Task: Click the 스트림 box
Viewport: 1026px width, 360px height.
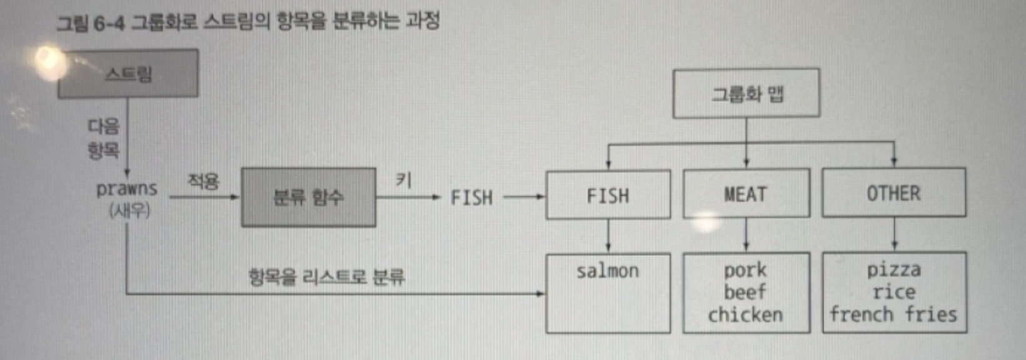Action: (x=128, y=74)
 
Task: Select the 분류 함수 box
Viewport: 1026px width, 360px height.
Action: (x=309, y=197)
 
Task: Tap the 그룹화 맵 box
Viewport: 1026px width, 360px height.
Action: (x=746, y=94)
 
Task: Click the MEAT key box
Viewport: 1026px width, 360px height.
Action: (x=746, y=194)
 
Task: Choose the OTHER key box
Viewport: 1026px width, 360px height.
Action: (x=894, y=193)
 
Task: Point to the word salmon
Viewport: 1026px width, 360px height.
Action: (x=607, y=271)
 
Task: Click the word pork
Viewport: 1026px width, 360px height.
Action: (x=745, y=270)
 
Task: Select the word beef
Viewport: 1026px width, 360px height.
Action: (x=745, y=292)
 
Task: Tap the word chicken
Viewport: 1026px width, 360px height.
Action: (x=745, y=314)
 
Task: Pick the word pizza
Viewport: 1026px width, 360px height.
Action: (x=894, y=269)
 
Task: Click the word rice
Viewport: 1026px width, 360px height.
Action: (x=894, y=292)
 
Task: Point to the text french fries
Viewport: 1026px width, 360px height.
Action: (x=893, y=314)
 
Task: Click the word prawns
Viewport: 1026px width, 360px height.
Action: (x=127, y=189)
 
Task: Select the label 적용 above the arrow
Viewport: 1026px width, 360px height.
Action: (x=204, y=181)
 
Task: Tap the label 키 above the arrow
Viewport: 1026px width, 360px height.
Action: (x=404, y=180)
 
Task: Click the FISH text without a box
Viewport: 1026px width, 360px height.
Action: (x=472, y=197)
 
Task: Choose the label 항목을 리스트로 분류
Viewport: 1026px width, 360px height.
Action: (x=327, y=276)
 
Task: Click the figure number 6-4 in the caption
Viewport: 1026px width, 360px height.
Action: (x=109, y=23)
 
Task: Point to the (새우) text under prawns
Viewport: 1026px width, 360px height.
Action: (x=129, y=211)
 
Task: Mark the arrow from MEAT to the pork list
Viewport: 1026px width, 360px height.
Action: (x=746, y=235)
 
